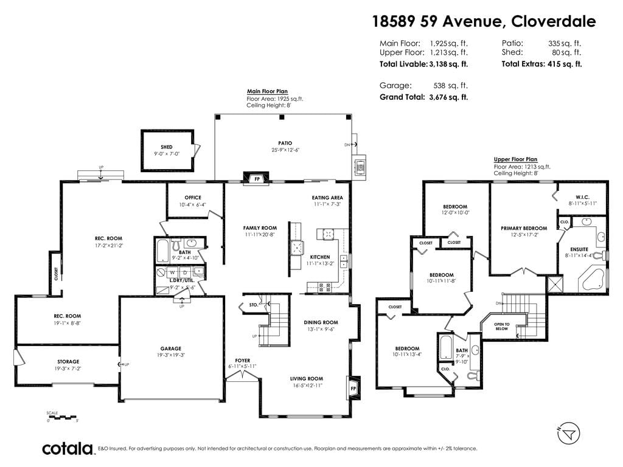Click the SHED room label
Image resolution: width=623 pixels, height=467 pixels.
pos(167,147)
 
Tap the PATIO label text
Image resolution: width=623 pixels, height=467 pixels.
pos(285,143)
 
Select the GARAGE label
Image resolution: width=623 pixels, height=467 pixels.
pos(171,348)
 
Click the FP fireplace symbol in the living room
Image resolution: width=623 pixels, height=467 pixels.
pos(353,387)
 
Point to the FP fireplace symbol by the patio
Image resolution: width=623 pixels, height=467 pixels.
pos(257,178)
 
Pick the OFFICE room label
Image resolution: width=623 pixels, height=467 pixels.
pos(193,198)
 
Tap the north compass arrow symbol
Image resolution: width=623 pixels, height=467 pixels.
pos(569,433)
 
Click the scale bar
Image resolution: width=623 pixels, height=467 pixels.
pos(61,417)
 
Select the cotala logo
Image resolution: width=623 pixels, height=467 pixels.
pos(68,449)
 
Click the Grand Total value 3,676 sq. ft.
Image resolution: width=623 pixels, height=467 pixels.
pos(448,97)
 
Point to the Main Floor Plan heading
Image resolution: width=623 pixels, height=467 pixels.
pos(267,91)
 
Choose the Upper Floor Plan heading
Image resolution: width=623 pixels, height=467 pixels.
pos(515,159)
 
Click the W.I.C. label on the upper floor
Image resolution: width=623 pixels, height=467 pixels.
pos(582,197)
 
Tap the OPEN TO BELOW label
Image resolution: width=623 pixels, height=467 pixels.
pos(502,327)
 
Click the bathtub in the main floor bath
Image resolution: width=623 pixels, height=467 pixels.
pos(162,250)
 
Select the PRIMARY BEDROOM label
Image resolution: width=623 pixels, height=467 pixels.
pos(524,229)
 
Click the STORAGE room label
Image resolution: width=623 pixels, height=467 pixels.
pos(68,361)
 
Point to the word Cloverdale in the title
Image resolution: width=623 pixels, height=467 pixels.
pos(554,21)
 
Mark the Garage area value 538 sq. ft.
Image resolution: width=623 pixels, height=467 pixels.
pos(451,85)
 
